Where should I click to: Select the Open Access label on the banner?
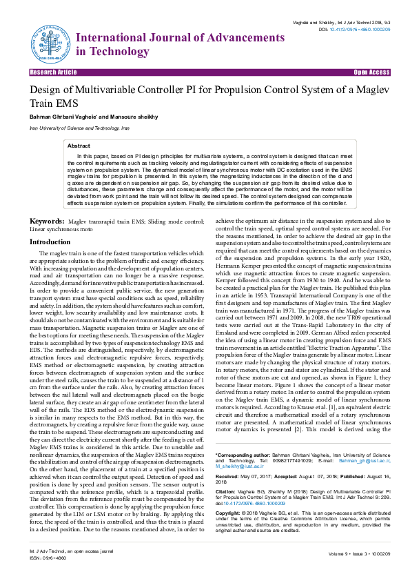pos(371,72)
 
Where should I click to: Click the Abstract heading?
pos(79,146)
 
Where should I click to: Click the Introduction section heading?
pos(50,242)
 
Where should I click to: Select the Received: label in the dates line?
pos(228,457)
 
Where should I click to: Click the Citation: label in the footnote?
pos(227,473)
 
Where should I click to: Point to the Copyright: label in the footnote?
pos(230,494)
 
